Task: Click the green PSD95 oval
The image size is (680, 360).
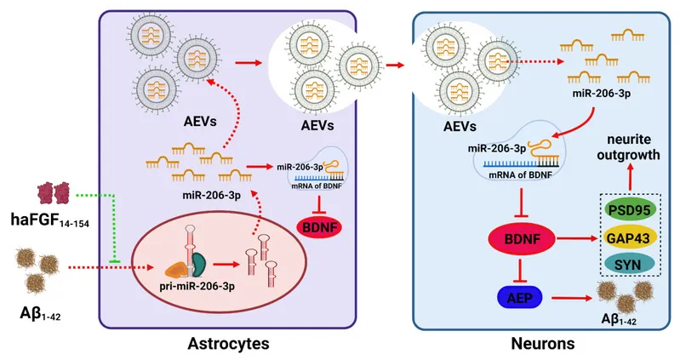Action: tap(629, 210)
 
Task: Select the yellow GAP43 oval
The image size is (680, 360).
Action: tap(629, 237)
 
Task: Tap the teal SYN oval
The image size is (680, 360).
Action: tap(629, 264)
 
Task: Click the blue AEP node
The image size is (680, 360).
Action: tap(519, 298)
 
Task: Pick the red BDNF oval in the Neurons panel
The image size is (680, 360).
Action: tap(522, 239)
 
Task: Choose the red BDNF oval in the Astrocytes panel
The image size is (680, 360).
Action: tap(320, 226)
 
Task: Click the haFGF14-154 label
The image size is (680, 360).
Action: tap(50, 220)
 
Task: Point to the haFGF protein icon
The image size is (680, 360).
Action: tap(54, 193)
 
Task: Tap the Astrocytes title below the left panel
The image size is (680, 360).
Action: tap(228, 344)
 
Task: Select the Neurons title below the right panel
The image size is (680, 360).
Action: tap(543, 344)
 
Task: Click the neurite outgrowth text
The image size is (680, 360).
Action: tap(628, 147)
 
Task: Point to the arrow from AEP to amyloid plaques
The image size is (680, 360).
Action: tap(572, 298)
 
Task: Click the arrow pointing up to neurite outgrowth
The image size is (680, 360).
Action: tap(629, 176)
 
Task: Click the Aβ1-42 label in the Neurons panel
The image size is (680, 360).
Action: tap(620, 320)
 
